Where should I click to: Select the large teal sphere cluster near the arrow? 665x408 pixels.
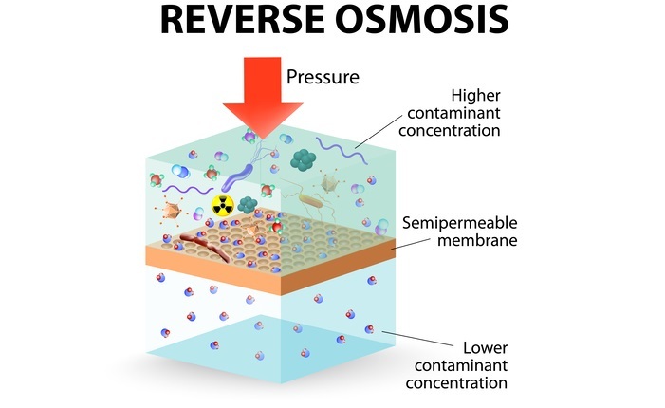coord(305,159)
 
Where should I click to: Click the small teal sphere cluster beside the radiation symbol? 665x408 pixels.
coord(249,203)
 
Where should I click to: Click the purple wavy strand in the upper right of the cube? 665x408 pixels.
coord(339,147)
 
